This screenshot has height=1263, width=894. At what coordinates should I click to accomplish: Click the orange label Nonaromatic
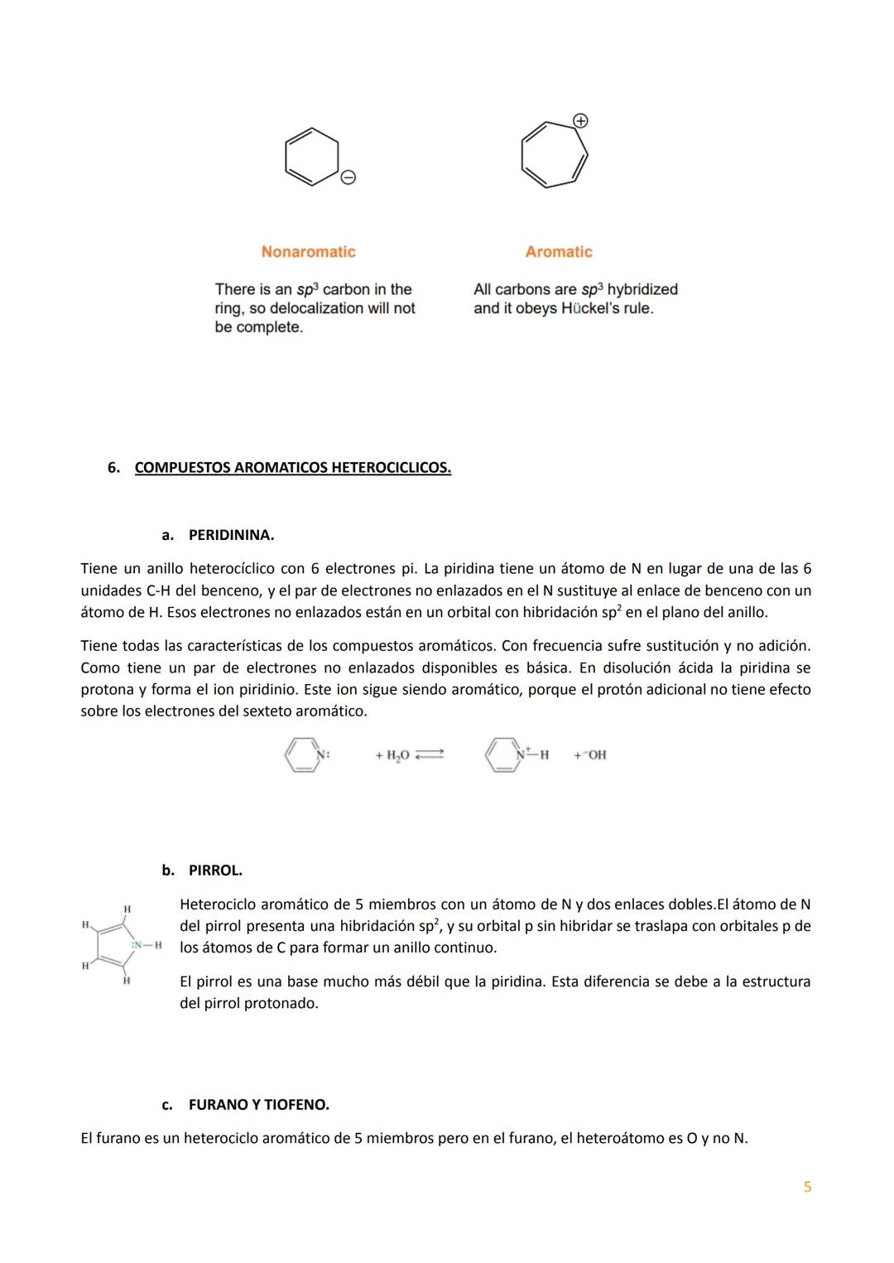tap(308, 252)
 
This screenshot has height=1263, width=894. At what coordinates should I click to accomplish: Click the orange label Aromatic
tap(559, 252)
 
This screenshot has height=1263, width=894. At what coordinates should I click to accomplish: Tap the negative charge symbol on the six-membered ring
tap(348, 177)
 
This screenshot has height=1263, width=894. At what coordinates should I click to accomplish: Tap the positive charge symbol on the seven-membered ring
tap(581, 121)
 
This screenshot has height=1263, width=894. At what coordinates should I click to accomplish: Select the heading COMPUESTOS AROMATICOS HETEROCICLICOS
tap(292, 468)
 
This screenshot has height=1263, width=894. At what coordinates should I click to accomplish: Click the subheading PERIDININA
tap(231, 535)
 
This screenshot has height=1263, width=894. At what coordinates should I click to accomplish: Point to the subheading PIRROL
tap(215, 870)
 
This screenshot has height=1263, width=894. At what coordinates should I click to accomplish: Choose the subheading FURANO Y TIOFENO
tap(258, 1105)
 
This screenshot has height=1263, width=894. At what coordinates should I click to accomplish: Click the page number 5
tap(807, 1187)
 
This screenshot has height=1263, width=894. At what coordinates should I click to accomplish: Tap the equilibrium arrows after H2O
tap(430, 754)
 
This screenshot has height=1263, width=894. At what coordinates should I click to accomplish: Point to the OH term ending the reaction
tap(593, 755)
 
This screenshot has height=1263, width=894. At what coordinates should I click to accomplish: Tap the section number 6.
tap(113, 468)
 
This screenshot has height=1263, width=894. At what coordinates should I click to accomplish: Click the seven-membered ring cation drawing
tap(554, 155)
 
